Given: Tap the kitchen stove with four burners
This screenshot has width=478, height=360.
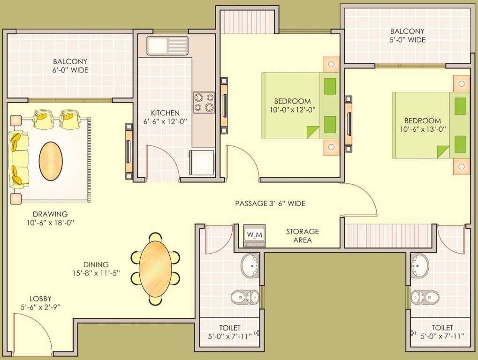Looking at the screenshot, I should coord(204,103).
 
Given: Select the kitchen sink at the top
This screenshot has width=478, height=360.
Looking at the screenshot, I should coord(167,45).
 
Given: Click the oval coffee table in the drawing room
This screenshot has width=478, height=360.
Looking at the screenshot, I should coord(51,161).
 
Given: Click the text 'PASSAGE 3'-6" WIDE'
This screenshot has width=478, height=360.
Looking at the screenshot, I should coord(270,203).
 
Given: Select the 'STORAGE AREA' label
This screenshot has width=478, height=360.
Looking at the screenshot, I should coord(303,236).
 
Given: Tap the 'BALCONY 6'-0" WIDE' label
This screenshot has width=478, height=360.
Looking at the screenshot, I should coord(70,66).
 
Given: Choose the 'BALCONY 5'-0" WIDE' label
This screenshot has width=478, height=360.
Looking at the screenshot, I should coord(407,36).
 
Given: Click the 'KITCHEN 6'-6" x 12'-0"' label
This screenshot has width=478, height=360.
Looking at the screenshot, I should coord(165,117).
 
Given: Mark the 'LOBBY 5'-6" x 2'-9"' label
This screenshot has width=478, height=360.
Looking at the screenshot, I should coord(40,302).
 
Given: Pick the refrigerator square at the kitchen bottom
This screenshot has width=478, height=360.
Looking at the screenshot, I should coord(202,163).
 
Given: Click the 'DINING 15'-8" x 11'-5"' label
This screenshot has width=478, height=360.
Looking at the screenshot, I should coord(96,269).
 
